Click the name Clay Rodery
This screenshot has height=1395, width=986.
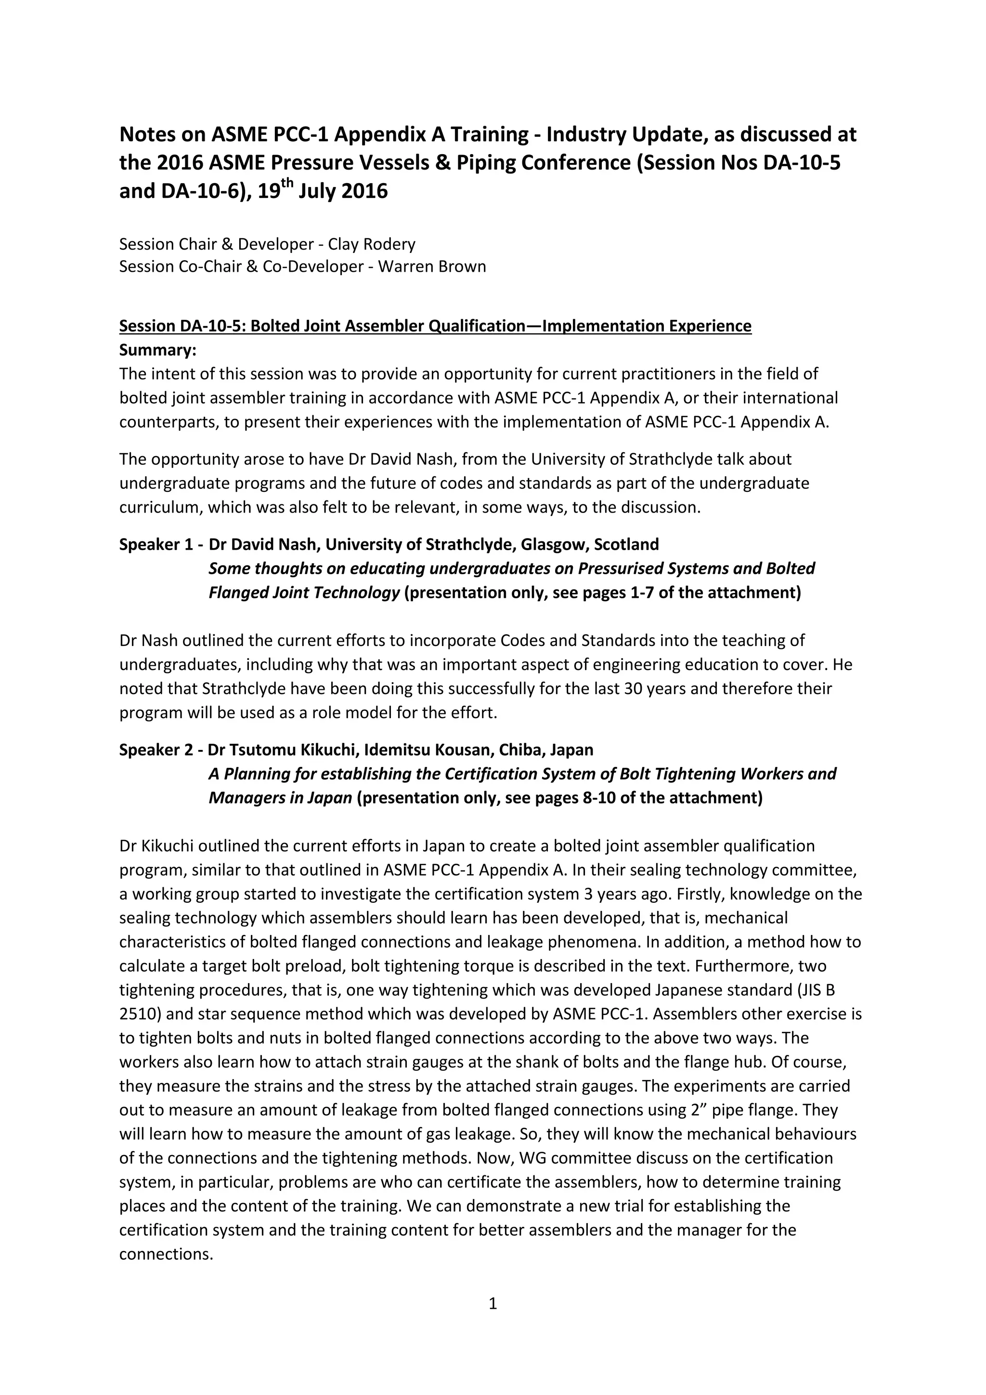[372, 244]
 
